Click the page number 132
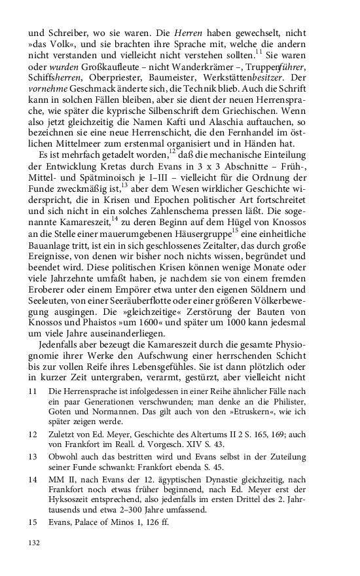click(33, 543)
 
